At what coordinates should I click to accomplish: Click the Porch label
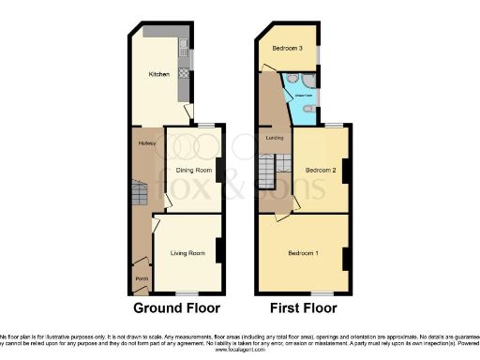[142, 278]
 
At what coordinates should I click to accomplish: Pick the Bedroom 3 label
[287, 48]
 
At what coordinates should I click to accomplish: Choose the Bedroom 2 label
[320, 170]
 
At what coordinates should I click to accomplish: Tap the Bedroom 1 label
[303, 254]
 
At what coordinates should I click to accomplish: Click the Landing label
[275, 138]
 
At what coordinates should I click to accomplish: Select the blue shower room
[304, 98]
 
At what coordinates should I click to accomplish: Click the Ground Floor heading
[176, 307]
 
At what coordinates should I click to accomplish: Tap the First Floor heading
[303, 307]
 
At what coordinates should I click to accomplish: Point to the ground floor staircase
[139, 194]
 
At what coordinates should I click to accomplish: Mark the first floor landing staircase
[269, 172]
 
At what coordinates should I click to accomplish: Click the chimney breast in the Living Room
[218, 251]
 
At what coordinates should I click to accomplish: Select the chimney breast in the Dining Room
[218, 170]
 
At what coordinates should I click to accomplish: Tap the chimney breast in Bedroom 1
[345, 259]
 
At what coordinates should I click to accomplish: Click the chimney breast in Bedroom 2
[345, 172]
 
